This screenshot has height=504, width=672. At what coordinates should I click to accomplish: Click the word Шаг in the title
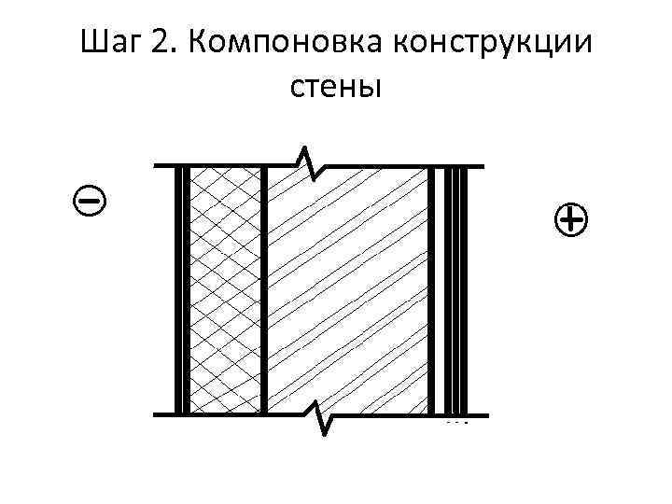tap(111, 42)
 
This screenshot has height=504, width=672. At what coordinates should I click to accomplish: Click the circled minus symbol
tap(90, 198)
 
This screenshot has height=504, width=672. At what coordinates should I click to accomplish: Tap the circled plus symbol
tap(570, 220)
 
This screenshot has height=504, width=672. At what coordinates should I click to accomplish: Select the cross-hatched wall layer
tap(225, 289)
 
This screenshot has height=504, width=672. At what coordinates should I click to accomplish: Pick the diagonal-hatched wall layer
tap(347, 289)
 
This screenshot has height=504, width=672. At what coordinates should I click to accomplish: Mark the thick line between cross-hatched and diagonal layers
tap(265, 289)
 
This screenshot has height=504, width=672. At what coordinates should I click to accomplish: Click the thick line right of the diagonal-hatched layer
tap(432, 289)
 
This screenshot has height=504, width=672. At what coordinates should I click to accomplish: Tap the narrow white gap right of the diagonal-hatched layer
tap(441, 289)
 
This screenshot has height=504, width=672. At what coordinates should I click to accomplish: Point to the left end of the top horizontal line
tap(156, 166)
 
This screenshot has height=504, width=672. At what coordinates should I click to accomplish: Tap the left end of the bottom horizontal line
tap(156, 413)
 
